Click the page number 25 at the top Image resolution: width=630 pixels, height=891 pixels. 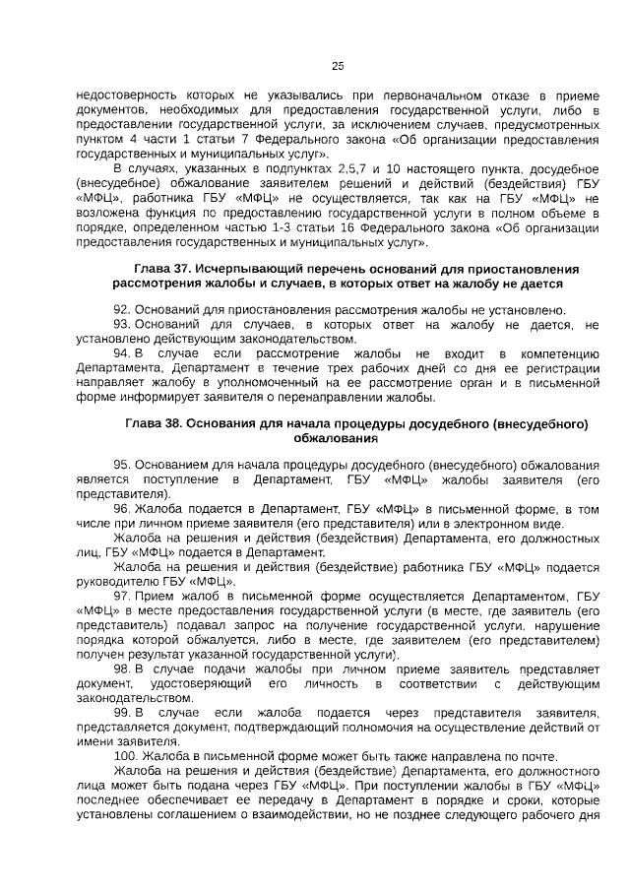click(337, 66)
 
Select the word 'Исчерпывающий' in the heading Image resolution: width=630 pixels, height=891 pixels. click(244, 269)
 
